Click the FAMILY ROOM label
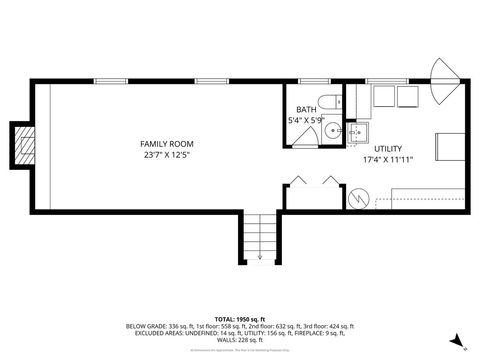point(162,144)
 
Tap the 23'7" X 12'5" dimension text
point(162,156)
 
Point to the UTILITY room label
point(388,148)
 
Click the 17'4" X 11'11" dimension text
point(388,159)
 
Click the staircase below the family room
point(260,237)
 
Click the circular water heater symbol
point(359,198)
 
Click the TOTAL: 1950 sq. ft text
point(239,317)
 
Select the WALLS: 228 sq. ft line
point(239,339)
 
